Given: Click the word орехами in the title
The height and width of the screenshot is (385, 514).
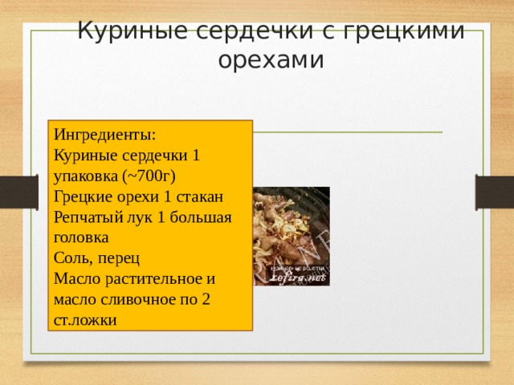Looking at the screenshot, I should click(x=271, y=60).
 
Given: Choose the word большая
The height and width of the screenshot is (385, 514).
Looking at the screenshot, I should click(x=202, y=217).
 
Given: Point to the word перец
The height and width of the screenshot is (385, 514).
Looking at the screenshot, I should click(x=120, y=259).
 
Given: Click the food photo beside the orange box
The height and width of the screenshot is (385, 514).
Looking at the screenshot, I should click(x=292, y=236).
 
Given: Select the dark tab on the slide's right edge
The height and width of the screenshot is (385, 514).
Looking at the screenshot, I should click(x=495, y=192).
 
